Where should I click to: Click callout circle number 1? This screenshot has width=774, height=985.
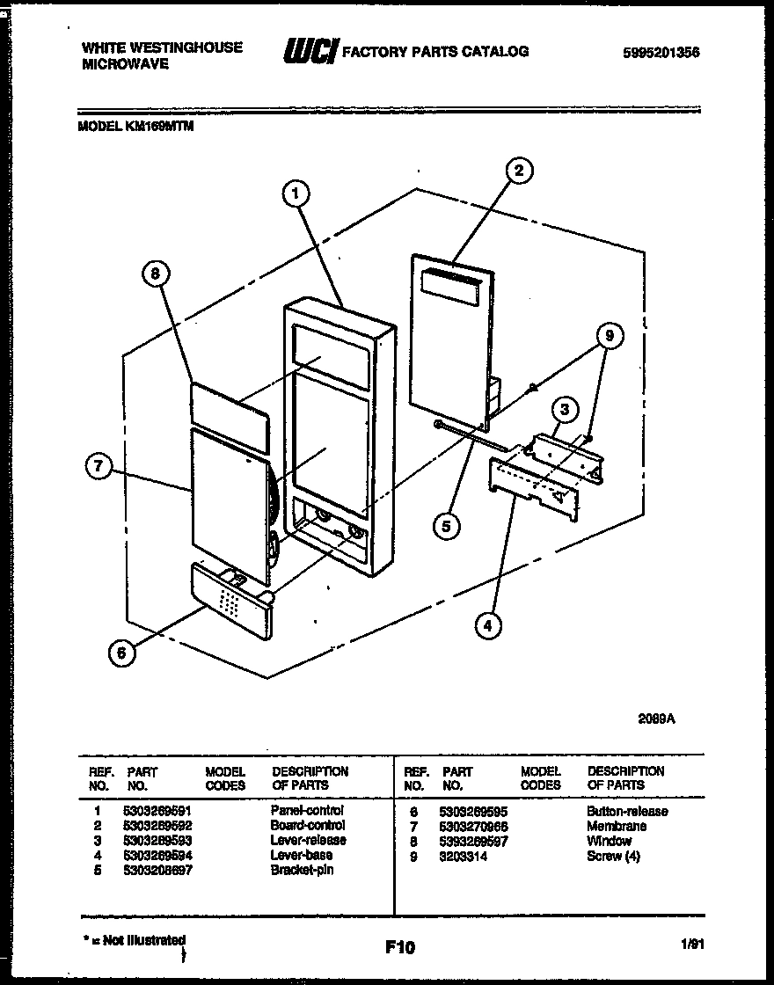pyautogui.click(x=297, y=192)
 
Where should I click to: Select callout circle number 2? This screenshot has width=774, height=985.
pyautogui.click(x=519, y=171)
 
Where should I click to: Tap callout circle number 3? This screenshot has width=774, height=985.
pyautogui.click(x=566, y=409)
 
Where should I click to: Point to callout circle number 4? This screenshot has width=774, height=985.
pyautogui.click(x=488, y=625)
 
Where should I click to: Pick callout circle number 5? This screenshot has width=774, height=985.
pyautogui.click(x=446, y=526)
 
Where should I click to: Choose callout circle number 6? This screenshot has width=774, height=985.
pyautogui.click(x=122, y=652)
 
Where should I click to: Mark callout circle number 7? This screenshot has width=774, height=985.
pyautogui.click(x=99, y=469)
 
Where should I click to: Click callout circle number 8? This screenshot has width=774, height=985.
pyautogui.click(x=155, y=274)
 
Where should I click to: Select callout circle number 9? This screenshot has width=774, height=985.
pyautogui.click(x=609, y=335)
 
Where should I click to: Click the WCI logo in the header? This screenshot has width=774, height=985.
pyautogui.click(x=310, y=53)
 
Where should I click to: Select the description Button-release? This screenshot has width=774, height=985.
pyautogui.click(x=626, y=811)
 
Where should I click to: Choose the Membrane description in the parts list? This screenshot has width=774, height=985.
pyautogui.click(x=616, y=826)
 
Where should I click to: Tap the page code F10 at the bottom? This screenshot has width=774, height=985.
pyautogui.click(x=399, y=947)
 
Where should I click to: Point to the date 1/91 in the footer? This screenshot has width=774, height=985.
pyautogui.click(x=692, y=945)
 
